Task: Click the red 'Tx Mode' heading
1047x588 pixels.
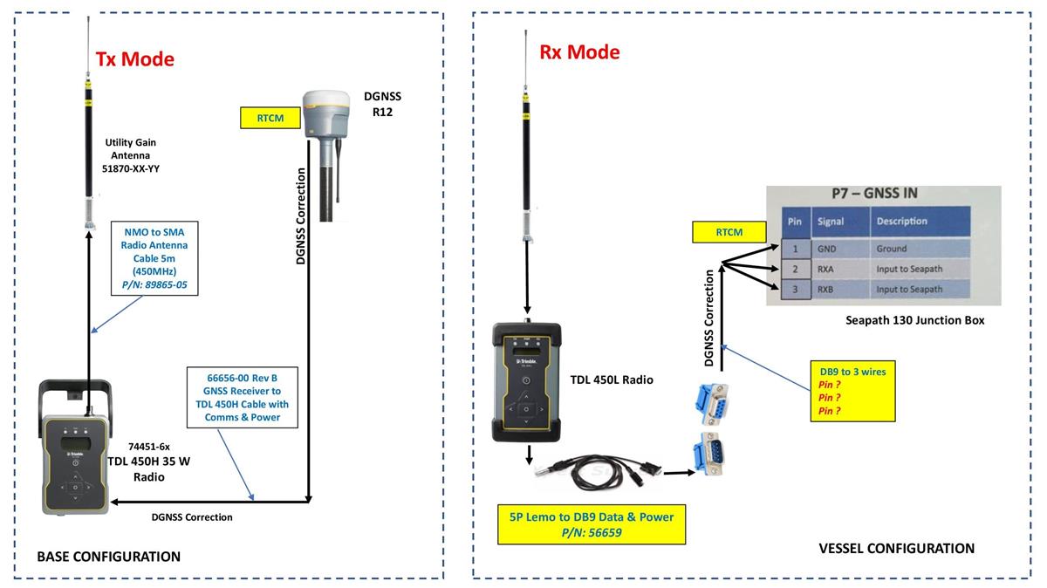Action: (x=134, y=59)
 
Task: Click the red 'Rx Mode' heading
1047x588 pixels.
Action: (x=579, y=51)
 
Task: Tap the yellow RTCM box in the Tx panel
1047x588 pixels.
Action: (x=270, y=117)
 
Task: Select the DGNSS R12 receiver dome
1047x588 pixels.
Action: (x=326, y=112)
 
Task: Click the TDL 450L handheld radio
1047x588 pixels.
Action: (x=526, y=384)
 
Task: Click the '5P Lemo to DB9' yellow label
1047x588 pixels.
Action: (x=592, y=524)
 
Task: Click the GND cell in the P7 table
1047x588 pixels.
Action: (x=826, y=248)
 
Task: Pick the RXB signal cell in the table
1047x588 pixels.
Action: (x=826, y=289)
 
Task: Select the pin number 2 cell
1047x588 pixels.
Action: (x=795, y=269)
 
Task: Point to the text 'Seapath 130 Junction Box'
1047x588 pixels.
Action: (x=914, y=320)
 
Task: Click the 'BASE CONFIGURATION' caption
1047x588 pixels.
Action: (x=108, y=557)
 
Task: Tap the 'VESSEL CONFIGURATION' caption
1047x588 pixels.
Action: (x=896, y=549)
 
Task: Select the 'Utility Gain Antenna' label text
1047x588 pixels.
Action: (x=130, y=155)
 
